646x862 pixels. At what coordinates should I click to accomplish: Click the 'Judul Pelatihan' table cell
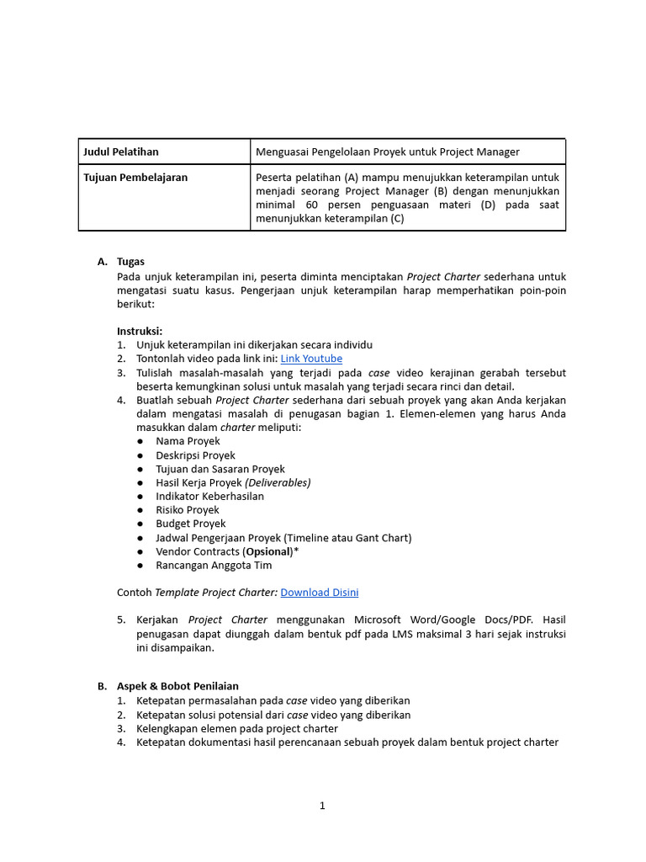[x=121, y=152]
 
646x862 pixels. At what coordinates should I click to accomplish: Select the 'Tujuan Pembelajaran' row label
[x=135, y=178]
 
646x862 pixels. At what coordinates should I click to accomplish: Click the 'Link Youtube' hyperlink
[x=311, y=359]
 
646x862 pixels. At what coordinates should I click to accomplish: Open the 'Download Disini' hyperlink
[x=319, y=593]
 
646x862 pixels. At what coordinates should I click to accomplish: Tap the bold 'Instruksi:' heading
[x=140, y=331]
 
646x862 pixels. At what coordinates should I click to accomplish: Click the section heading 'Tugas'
[x=131, y=262]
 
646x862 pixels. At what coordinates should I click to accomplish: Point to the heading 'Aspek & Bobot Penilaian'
[x=177, y=686]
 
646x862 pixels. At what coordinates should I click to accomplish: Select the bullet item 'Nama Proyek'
[x=188, y=441]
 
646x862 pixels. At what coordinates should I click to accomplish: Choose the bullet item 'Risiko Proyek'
[x=188, y=510]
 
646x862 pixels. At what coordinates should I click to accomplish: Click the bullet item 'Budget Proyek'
[x=191, y=524]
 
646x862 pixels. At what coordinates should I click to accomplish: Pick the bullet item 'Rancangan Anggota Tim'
[x=214, y=565]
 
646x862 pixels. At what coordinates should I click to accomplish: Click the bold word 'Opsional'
[x=267, y=551]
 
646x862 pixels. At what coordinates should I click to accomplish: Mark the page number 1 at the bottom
[x=322, y=806]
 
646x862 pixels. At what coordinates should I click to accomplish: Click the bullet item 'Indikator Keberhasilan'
[x=209, y=496]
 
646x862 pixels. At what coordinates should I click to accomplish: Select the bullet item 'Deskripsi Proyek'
[x=195, y=455]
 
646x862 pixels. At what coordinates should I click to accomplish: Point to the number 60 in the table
[x=312, y=205]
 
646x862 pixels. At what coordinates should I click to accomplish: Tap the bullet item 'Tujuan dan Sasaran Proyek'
[x=220, y=469]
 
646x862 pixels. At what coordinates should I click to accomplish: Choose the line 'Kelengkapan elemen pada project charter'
[x=237, y=728]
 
